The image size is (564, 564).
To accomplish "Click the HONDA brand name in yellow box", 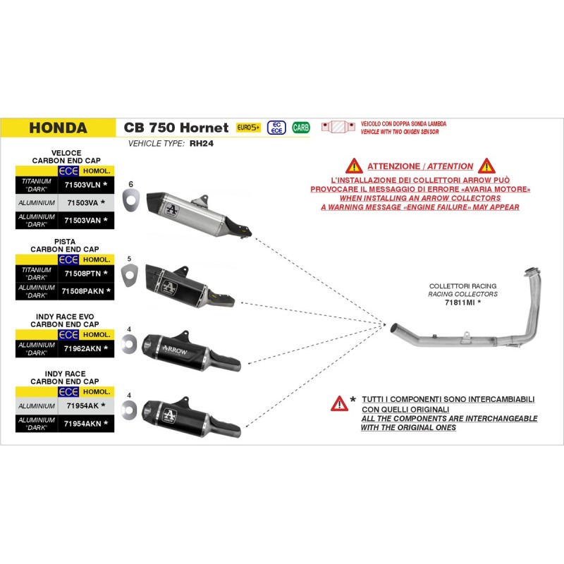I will point(59,128).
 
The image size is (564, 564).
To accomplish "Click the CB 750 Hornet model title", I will point(176,128).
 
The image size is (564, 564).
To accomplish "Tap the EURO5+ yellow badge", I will point(248,128).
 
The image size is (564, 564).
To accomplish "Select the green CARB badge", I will point(300,128).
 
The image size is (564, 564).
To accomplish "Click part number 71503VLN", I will point(83,184).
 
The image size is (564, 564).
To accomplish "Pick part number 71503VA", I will point(83,202).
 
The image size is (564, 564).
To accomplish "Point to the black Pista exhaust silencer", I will point(183,284).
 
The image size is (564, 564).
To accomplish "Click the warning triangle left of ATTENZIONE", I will point(353,166).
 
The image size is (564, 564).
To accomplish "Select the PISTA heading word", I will point(65,241).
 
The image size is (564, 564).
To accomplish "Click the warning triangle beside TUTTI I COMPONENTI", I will point(340,403).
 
